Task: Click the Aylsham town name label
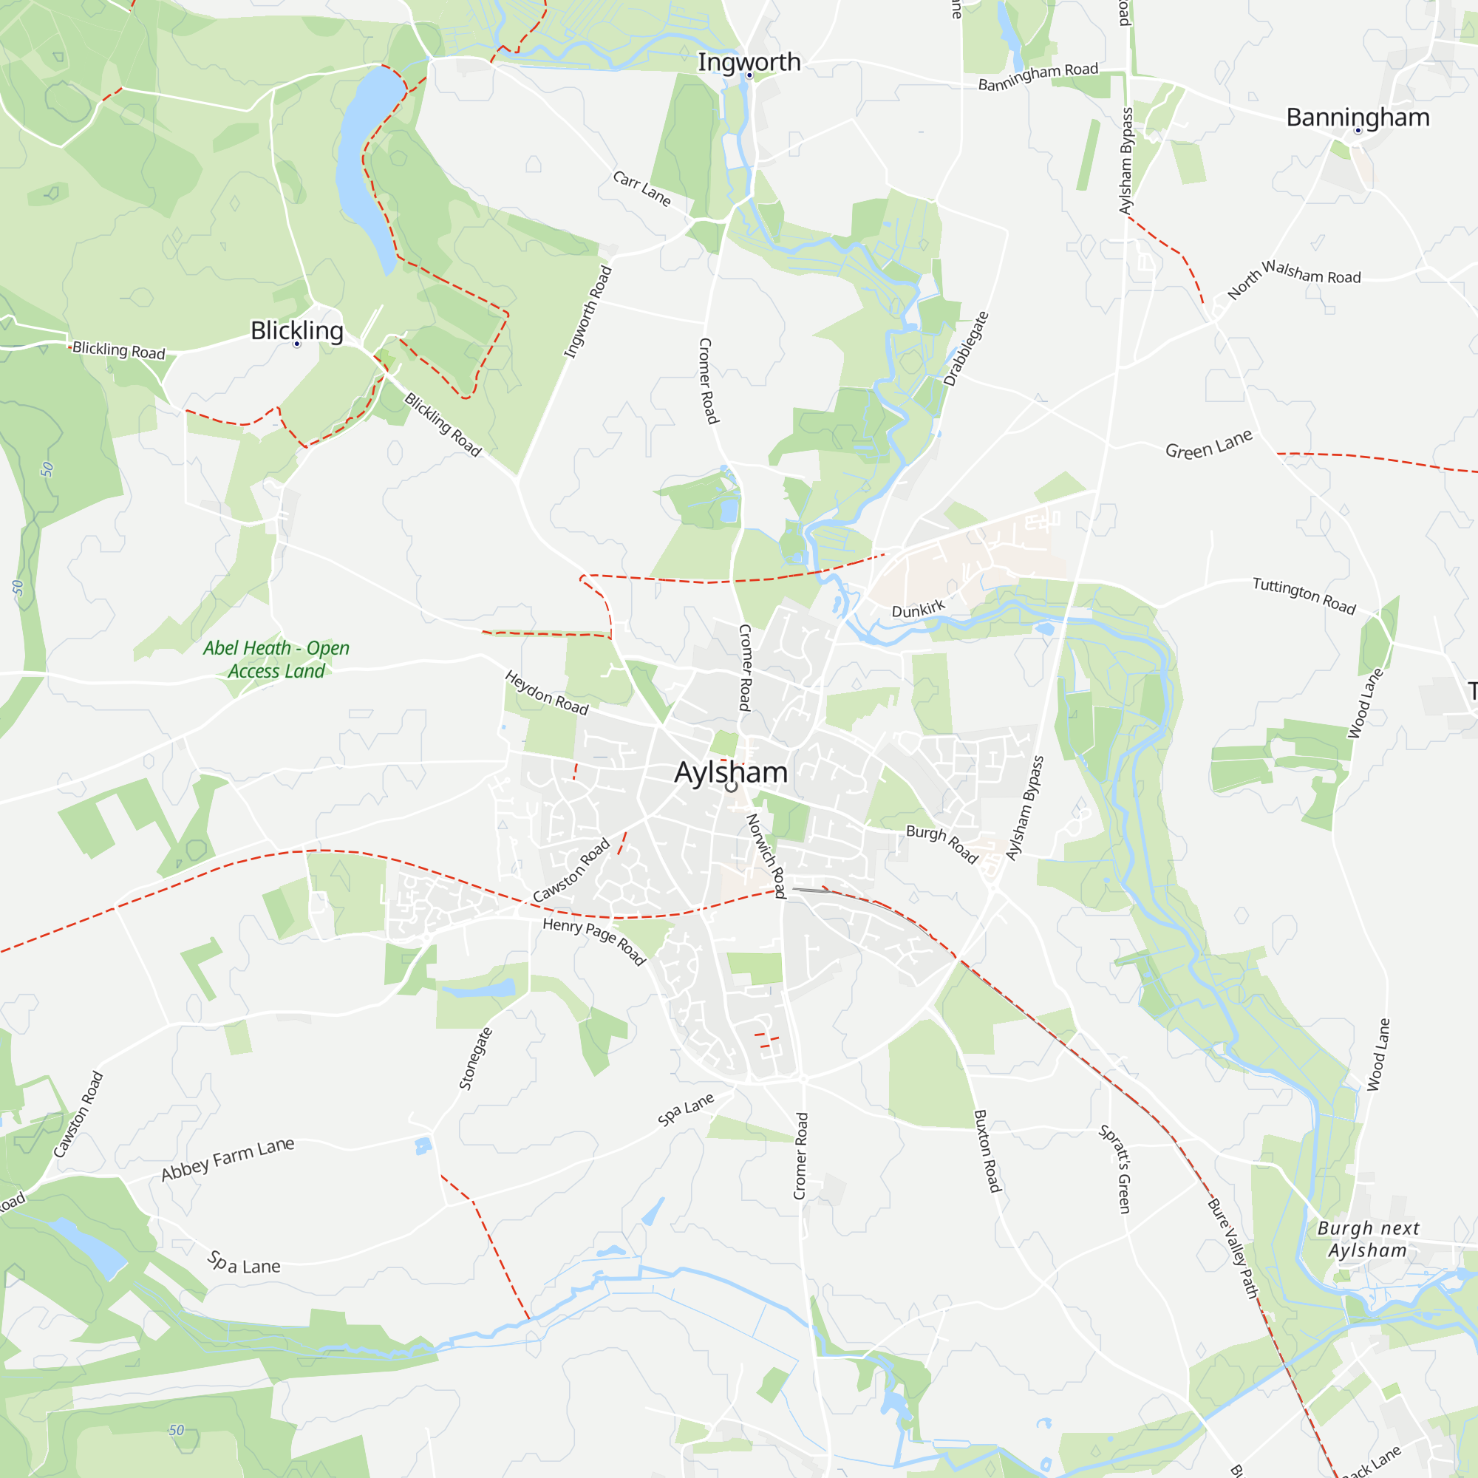tap(731, 772)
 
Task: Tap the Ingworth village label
tap(749, 62)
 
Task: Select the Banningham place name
tap(1357, 117)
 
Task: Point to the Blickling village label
tap(297, 330)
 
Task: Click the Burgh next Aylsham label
tap(1368, 1239)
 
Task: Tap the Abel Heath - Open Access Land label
tap(276, 659)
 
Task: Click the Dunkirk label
tap(918, 609)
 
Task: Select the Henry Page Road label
tap(594, 941)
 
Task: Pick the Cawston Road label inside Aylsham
tap(571, 871)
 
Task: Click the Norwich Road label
tap(766, 855)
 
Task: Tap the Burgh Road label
tap(941, 844)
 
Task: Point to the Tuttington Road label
tap(1304, 596)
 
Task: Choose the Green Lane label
tap(1209, 444)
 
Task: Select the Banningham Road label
tap(1038, 77)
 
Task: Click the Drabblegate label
tap(966, 349)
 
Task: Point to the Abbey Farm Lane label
tap(227, 1159)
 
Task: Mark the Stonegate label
tap(475, 1059)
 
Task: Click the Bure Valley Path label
tap(1233, 1248)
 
